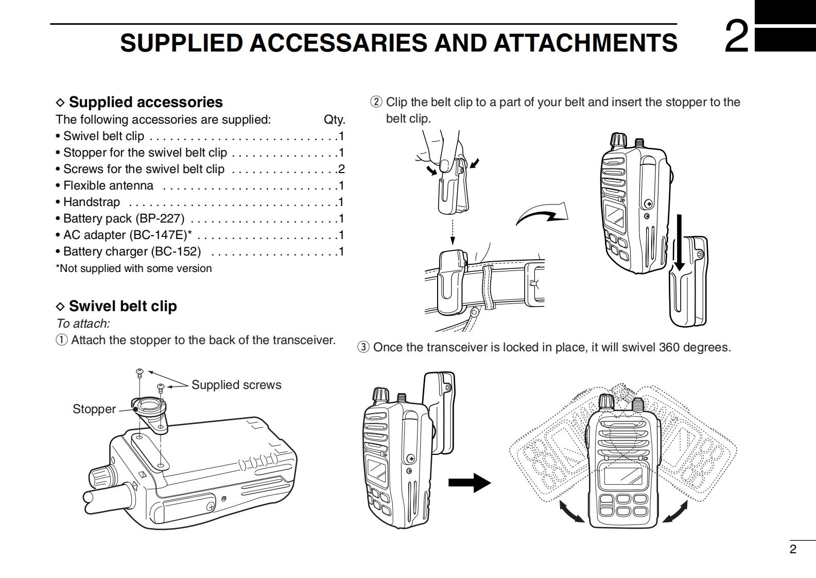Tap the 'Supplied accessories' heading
(146, 102)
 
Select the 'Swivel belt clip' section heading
(123, 306)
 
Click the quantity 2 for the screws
(341, 169)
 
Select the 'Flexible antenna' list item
(108, 185)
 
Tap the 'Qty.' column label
(334, 120)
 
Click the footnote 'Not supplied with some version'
(135, 268)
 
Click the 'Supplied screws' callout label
(236, 385)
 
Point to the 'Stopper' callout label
(94, 409)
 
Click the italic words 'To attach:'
(83, 324)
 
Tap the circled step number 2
(376, 102)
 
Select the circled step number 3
(363, 347)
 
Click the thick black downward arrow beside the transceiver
(680, 242)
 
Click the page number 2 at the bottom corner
(793, 549)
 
